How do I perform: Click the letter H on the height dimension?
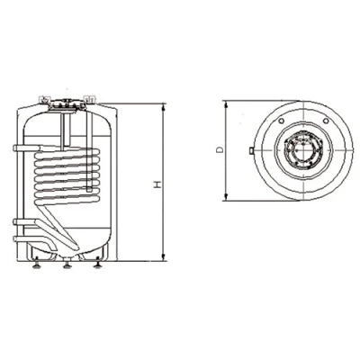[x=157, y=184]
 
